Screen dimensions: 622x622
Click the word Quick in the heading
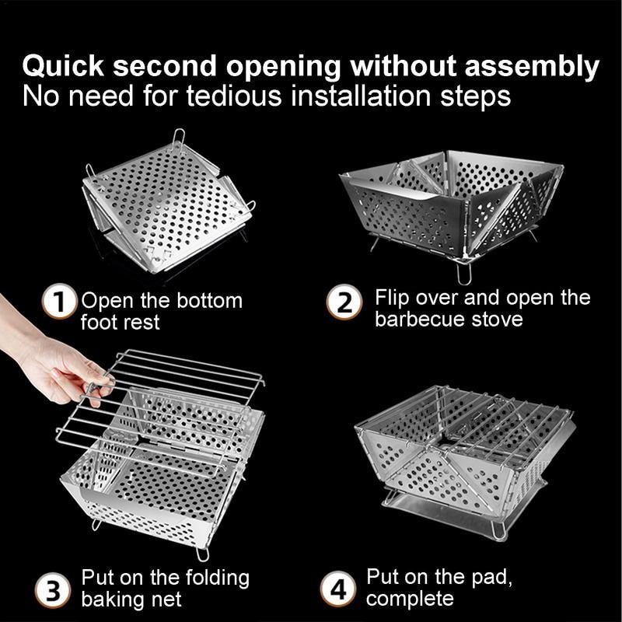pyautogui.click(x=65, y=67)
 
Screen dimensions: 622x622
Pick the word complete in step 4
pyautogui.click(x=410, y=599)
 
